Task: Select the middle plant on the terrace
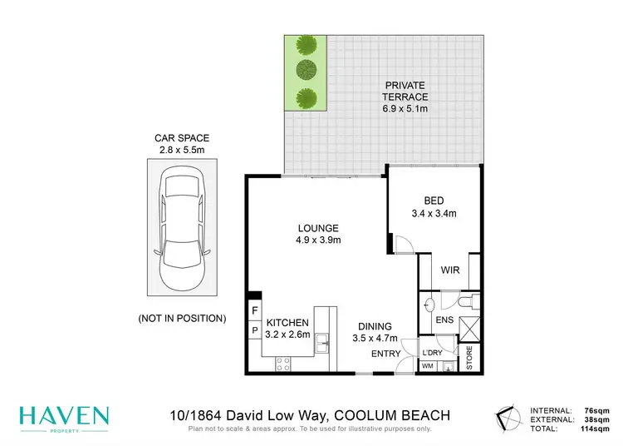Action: (307, 70)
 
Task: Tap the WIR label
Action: (450, 270)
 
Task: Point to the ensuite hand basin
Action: (430, 302)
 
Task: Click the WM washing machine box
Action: (429, 366)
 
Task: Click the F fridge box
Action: (253, 312)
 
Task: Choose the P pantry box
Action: (253, 330)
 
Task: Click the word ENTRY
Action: (385, 354)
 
